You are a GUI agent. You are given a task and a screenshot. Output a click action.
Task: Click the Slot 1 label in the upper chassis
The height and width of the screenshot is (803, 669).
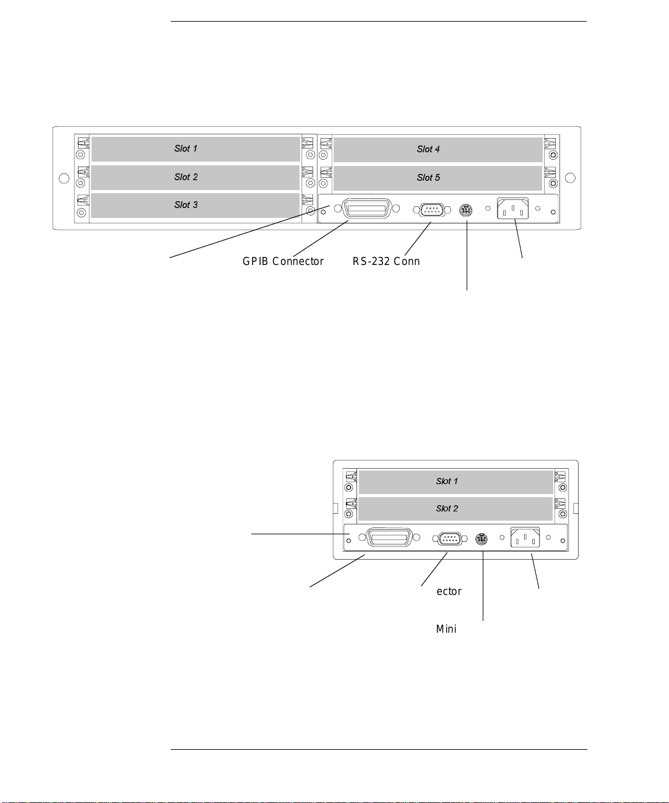point(186,149)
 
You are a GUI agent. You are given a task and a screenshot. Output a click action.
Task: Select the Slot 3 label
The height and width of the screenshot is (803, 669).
point(186,204)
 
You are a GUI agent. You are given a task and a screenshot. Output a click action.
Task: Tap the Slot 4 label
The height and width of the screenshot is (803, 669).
point(428,149)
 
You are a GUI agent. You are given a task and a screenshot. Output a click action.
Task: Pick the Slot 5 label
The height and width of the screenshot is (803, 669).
point(428,178)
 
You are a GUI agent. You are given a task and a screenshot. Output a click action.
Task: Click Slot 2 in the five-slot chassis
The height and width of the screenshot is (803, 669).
point(186,177)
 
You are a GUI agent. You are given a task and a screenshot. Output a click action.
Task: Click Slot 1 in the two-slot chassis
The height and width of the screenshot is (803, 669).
point(447,481)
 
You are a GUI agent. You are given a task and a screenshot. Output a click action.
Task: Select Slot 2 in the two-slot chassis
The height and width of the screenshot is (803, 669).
point(447,508)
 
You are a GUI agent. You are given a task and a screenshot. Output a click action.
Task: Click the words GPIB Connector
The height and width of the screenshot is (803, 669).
point(283,261)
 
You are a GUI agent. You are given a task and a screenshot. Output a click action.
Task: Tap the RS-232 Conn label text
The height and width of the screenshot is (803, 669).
point(386,261)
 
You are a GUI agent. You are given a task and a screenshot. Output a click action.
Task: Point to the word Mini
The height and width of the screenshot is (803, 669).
point(446,629)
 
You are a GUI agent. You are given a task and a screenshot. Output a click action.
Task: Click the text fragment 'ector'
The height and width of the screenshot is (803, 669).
point(449,591)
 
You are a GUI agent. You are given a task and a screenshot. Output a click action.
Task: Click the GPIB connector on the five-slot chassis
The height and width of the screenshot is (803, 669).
point(367,209)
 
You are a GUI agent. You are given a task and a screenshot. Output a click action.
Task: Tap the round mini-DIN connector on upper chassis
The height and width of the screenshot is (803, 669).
point(466,211)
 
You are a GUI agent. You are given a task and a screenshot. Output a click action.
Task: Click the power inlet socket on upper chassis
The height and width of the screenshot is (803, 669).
point(512,209)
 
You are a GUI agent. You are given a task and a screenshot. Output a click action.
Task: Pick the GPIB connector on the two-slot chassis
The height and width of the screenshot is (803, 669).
point(389,537)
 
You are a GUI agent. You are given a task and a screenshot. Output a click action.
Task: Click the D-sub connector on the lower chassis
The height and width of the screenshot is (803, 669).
point(449,539)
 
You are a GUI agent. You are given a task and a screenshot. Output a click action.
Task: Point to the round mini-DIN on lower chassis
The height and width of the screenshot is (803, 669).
point(481,539)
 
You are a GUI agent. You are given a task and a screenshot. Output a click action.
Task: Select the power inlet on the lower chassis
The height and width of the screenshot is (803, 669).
point(525,537)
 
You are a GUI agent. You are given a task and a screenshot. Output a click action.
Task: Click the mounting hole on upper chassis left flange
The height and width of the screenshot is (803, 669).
point(64,178)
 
